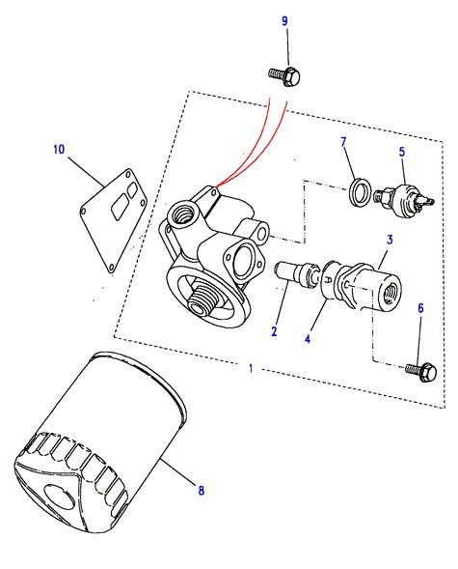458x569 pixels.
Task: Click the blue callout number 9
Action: coord(284,21)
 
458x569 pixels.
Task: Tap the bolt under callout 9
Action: coord(285,75)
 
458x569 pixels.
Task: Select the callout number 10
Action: coord(59,149)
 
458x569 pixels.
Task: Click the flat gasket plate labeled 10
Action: coord(114,220)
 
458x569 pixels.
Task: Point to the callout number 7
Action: coord(343,142)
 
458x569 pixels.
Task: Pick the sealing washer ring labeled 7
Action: coord(361,191)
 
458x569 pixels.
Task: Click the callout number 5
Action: coord(402,152)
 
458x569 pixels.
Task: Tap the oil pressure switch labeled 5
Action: coord(404,200)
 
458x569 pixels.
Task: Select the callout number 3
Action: coord(390,240)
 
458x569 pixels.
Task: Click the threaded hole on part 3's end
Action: coord(391,292)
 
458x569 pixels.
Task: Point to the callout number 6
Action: coord(420,308)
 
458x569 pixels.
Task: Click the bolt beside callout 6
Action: coord(421,371)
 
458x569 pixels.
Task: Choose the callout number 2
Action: coord(274,331)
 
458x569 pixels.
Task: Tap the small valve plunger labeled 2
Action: coord(296,274)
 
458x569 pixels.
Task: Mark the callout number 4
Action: coord(308,339)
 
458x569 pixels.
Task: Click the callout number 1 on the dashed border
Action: coord(251,368)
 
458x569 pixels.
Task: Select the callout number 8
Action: coord(202,491)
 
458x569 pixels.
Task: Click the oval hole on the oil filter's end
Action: coord(59,498)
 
